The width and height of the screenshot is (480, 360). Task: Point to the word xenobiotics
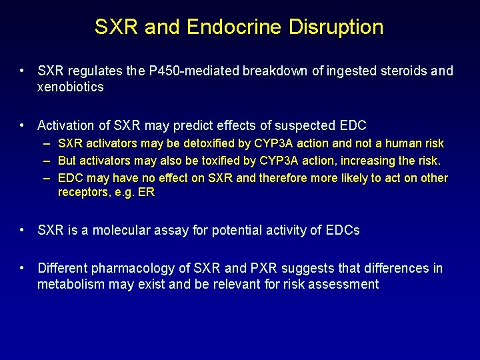click(x=71, y=87)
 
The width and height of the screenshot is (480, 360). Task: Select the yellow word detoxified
click(x=203, y=143)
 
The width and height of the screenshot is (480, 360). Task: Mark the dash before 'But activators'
click(x=48, y=161)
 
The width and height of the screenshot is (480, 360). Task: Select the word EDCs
click(x=342, y=231)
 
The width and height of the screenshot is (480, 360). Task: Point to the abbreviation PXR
click(x=264, y=269)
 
